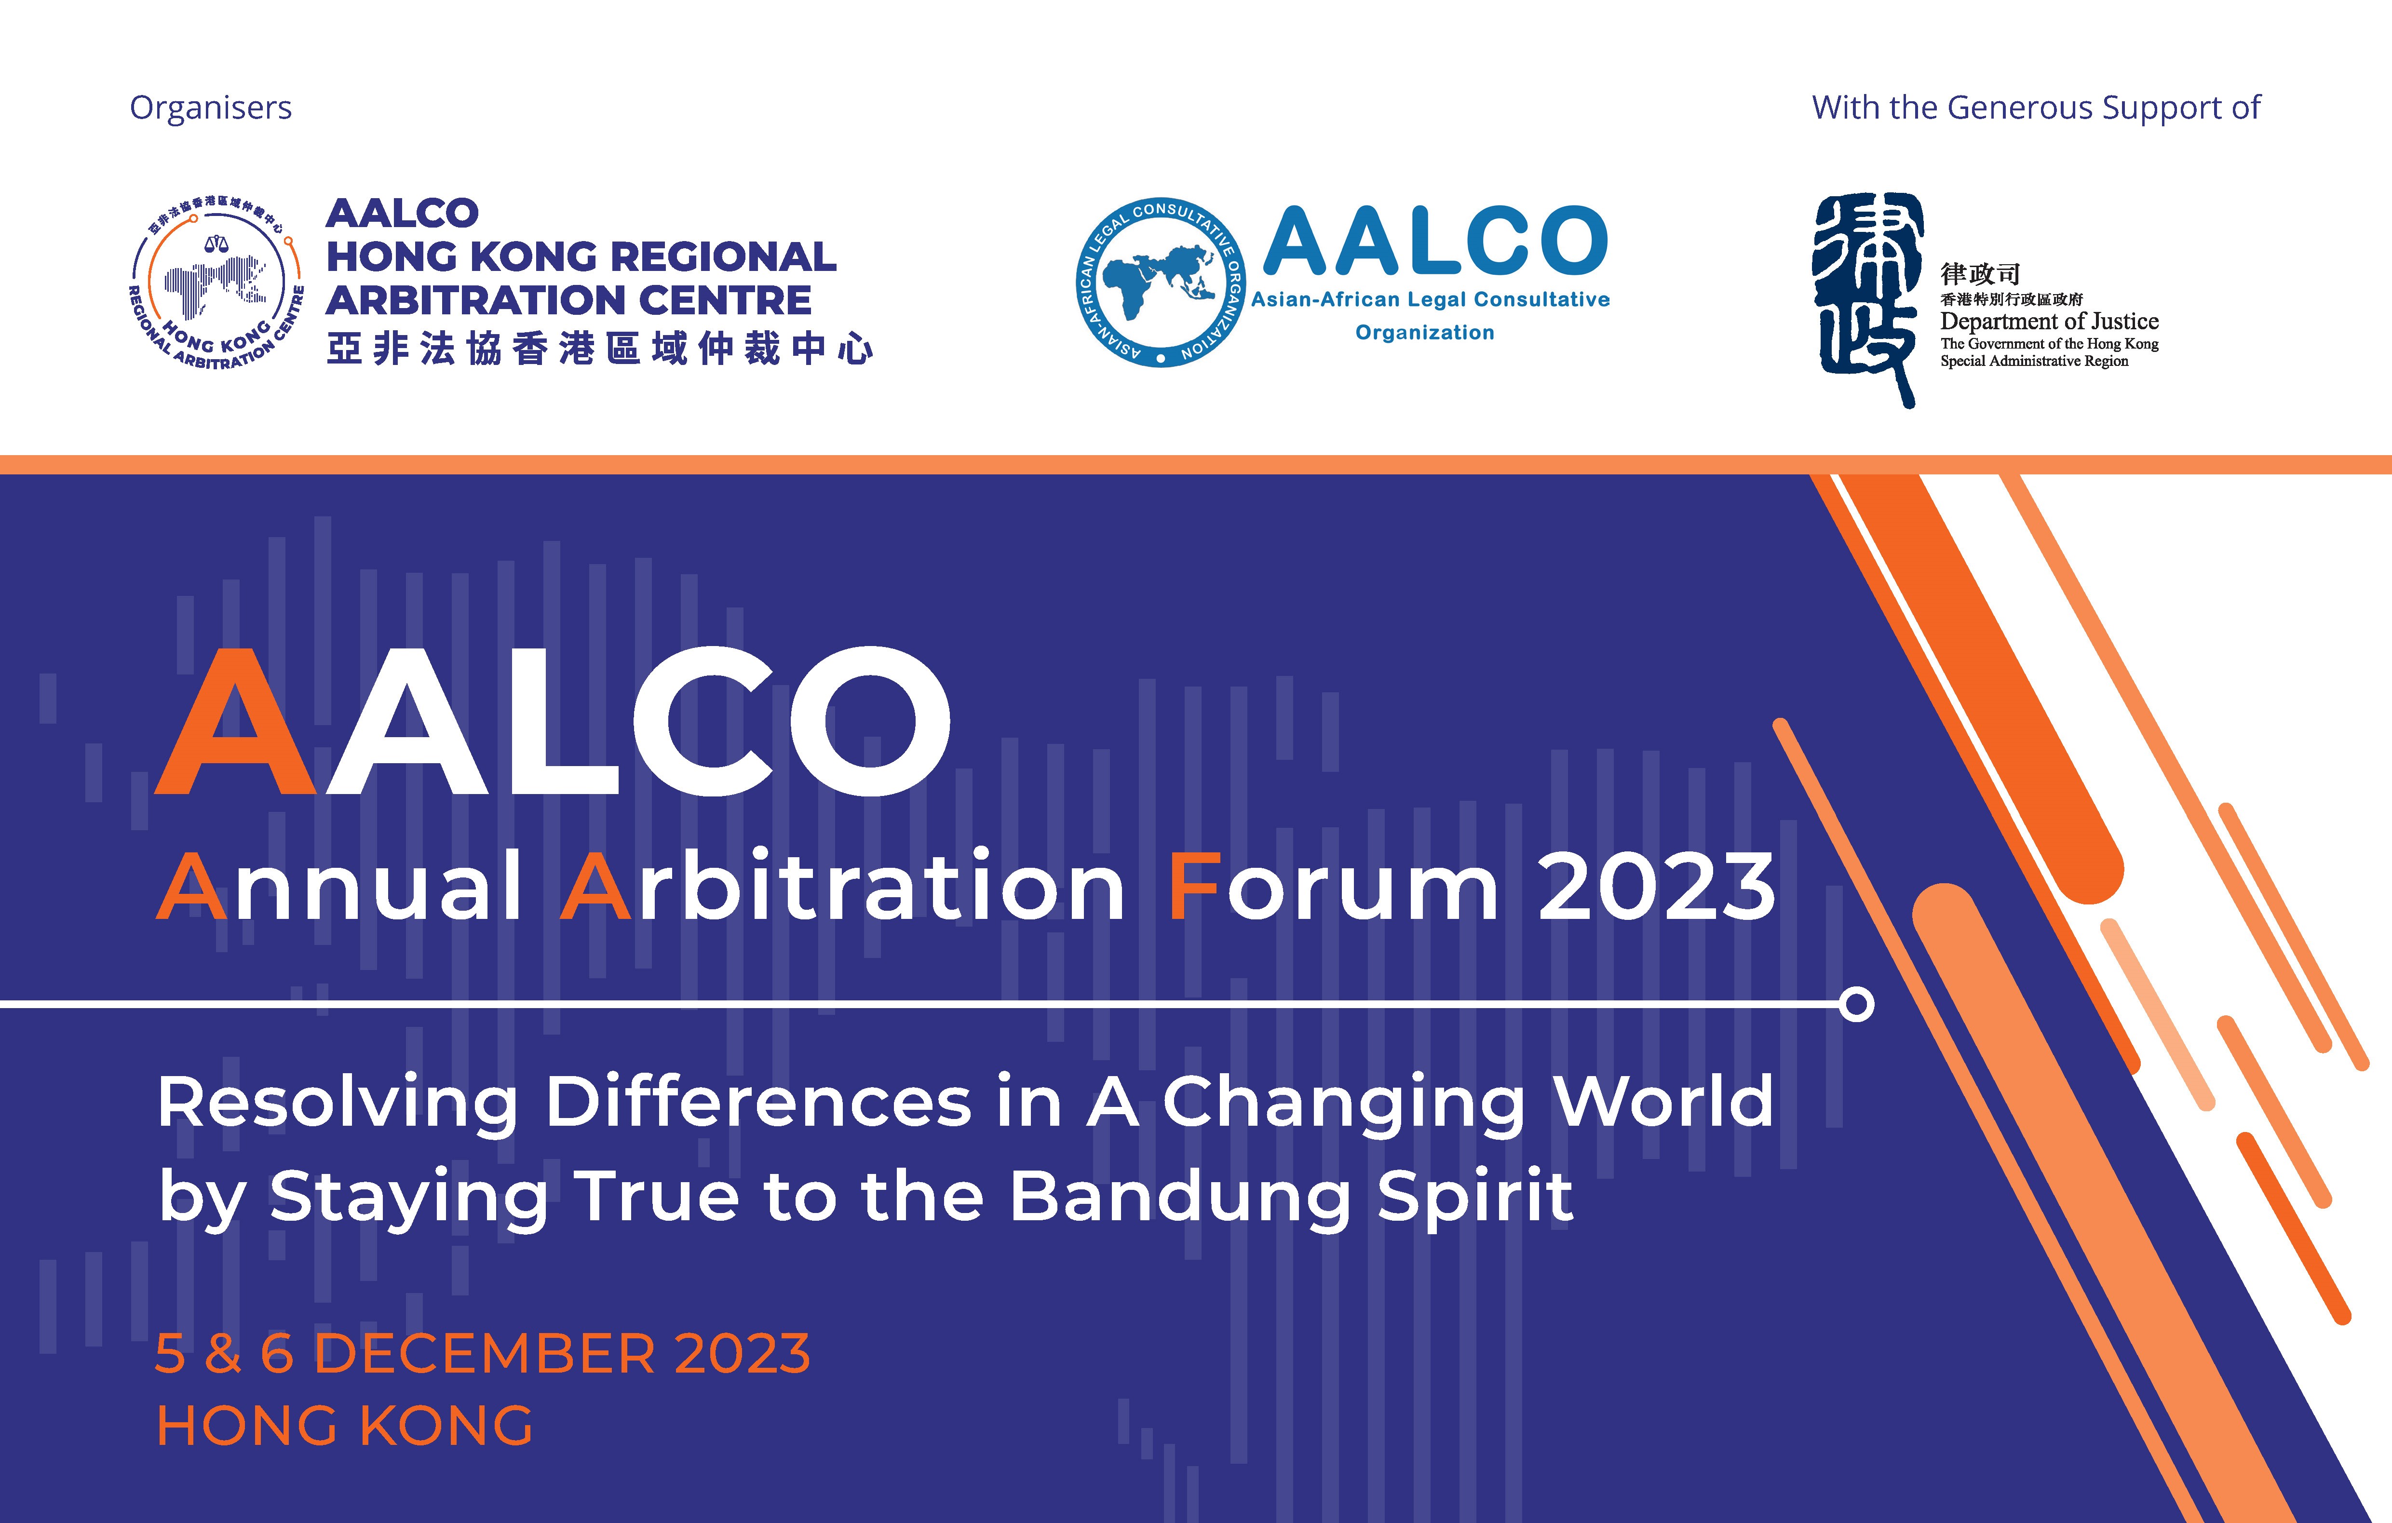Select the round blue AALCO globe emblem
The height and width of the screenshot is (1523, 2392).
coord(1160,282)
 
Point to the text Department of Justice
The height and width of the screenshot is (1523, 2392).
coord(2049,321)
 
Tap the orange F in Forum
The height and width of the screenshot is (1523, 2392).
coord(1195,886)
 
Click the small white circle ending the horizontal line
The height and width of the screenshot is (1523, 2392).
coord(1855,1004)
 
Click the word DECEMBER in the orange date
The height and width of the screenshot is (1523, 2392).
coord(485,1354)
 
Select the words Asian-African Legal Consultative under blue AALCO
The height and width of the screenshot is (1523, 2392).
coord(1431,299)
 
